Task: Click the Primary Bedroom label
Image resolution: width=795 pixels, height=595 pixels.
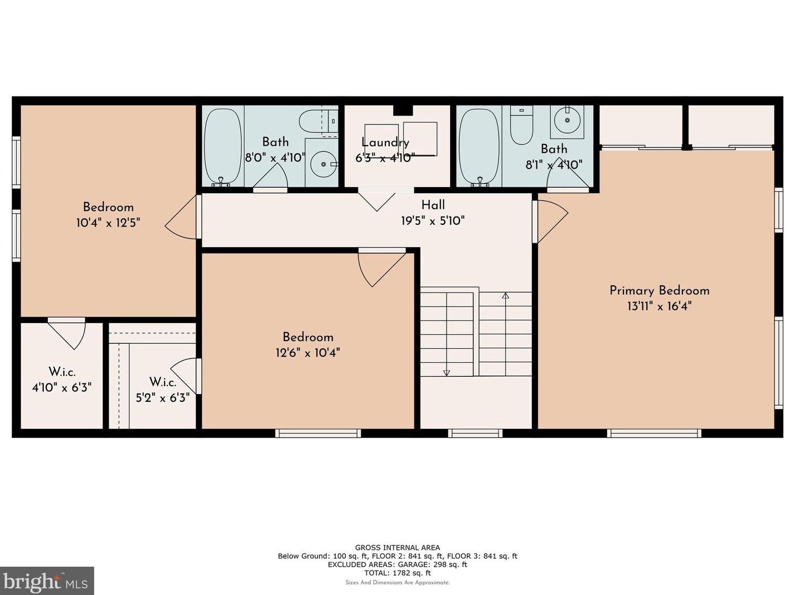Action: [659, 291]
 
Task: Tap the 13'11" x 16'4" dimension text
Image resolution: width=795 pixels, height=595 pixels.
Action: [659, 306]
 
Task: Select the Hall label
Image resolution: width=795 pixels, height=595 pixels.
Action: [433, 205]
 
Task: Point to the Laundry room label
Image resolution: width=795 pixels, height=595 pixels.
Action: [385, 142]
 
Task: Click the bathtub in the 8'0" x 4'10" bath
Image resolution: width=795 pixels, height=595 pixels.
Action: [222, 146]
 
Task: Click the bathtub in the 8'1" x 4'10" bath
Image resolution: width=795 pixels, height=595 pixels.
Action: [479, 146]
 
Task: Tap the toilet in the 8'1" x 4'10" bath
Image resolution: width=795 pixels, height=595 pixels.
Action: [521, 125]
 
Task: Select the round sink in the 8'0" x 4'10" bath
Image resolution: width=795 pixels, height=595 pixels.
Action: [323, 164]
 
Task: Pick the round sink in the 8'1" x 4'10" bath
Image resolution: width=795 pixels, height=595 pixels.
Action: [567, 120]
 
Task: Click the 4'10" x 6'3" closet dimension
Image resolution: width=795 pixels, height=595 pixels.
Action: [61, 388]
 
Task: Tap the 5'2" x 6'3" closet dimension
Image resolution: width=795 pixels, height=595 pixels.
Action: [163, 398]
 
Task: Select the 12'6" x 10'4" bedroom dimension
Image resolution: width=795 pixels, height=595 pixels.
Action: [308, 352]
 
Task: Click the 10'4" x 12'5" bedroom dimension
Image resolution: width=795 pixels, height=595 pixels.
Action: [108, 223]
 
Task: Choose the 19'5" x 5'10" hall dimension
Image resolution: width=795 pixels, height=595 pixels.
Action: [433, 220]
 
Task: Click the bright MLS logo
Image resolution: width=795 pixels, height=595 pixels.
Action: [46, 581]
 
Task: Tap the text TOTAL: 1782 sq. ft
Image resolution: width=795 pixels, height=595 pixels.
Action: [397, 573]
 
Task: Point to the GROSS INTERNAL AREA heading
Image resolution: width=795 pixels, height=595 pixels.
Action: [397, 548]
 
